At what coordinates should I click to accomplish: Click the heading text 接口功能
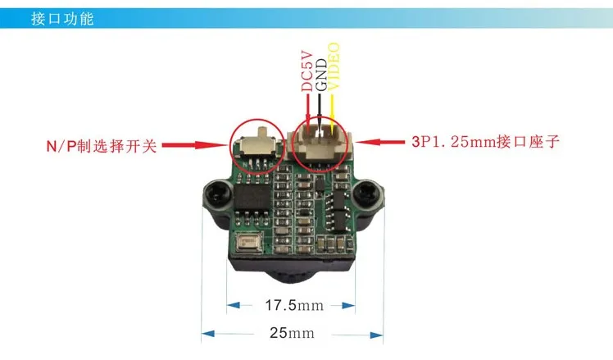[x=61, y=19]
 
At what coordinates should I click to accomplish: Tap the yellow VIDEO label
[x=334, y=66]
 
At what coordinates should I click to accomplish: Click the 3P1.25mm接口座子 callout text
[x=485, y=142]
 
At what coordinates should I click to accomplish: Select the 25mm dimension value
[x=291, y=333]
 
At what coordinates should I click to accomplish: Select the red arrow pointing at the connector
[x=384, y=142]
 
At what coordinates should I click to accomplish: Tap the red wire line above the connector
[x=307, y=110]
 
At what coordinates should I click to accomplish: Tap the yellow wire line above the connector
[x=333, y=110]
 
